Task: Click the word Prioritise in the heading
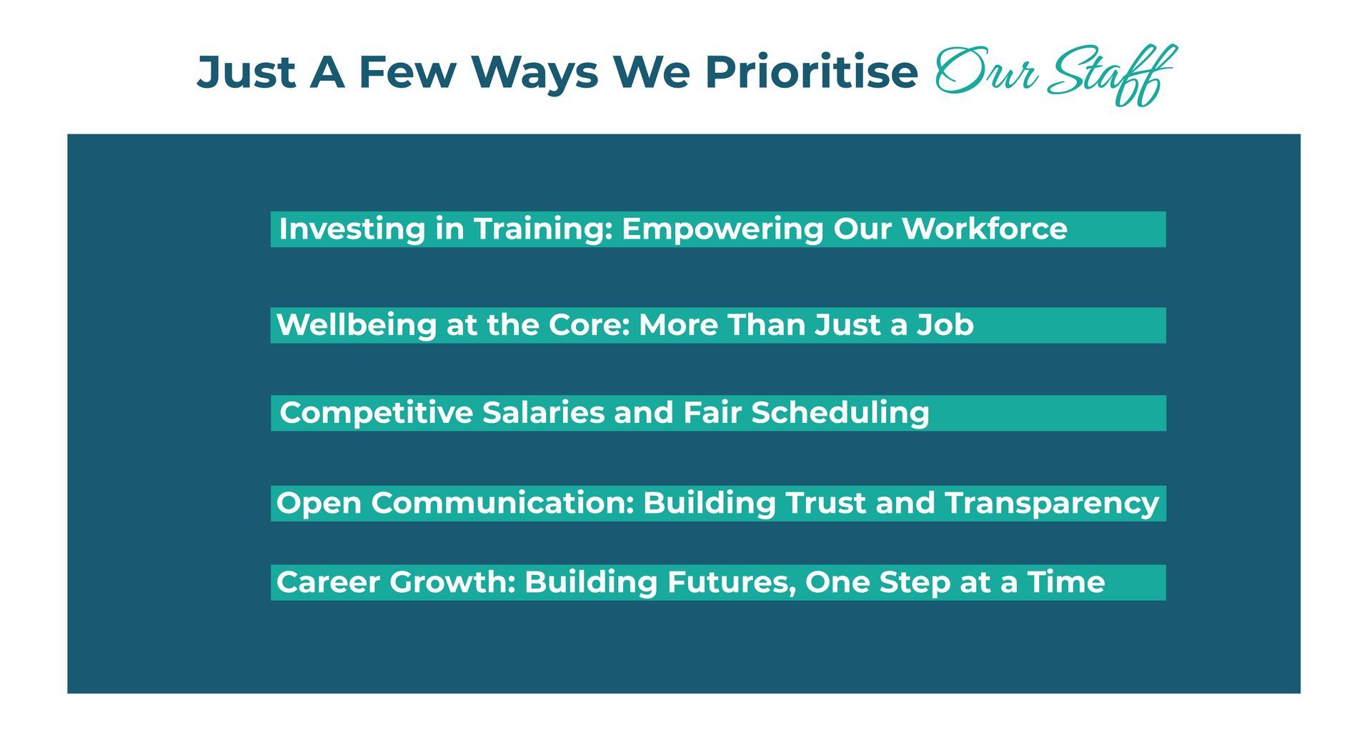pos(811,73)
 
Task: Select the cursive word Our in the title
pos(986,71)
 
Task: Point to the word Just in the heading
pos(246,72)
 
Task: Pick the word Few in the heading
pos(407,72)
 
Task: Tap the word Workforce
pos(984,229)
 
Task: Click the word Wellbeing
pos(357,326)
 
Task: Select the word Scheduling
pos(840,414)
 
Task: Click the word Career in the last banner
pos(329,582)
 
